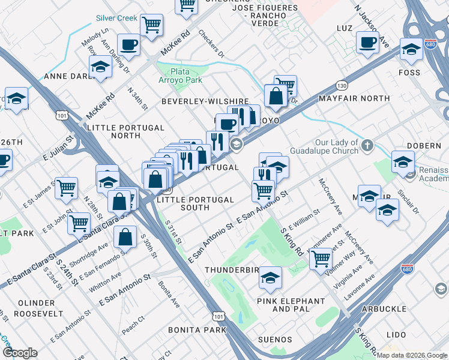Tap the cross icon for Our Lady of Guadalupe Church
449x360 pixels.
pyautogui.click(x=367, y=145)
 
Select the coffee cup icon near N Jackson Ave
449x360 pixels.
pyautogui.click(x=367, y=43)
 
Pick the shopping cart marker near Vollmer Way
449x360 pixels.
pyautogui.click(x=321, y=259)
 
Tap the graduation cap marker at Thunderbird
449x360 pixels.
pyautogui.click(x=270, y=277)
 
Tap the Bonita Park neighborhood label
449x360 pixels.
pyautogui.click(x=197, y=330)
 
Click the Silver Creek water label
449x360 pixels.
pyautogui.click(x=117, y=19)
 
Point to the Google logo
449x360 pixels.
pyautogui.click(x=20, y=353)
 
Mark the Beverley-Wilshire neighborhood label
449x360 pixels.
pyautogui.click(x=205, y=101)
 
